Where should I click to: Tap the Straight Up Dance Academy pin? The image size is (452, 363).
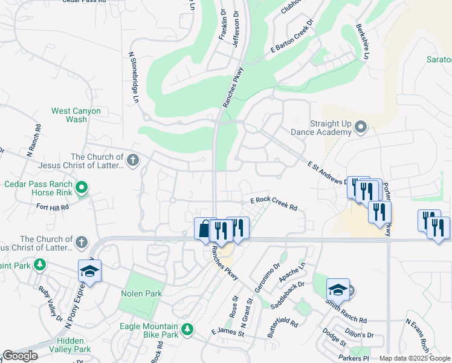pyautogui.click(x=361, y=127)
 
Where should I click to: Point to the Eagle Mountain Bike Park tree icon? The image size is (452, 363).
pyautogui.click(x=188, y=329)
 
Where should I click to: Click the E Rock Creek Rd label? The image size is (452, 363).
pyautogui.click(x=274, y=204)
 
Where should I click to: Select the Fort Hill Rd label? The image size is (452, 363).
pyautogui.click(x=53, y=207)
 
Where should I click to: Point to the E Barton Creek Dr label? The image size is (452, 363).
pyautogui.click(x=294, y=38)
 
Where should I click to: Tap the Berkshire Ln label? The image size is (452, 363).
pyautogui.click(x=363, y=41)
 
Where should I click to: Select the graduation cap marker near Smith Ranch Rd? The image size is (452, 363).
pyautogui.click(x=338, y=290)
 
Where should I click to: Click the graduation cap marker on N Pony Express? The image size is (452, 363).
pyautogui.click(x=89, y=271)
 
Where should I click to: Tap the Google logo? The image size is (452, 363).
pyautogui.click(x=20, y=356)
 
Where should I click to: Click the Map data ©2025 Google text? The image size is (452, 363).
pyautogui.click(x=415, y=358)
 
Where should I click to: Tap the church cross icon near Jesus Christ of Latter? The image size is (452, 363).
pyautogui.click(x=134, y=160)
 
